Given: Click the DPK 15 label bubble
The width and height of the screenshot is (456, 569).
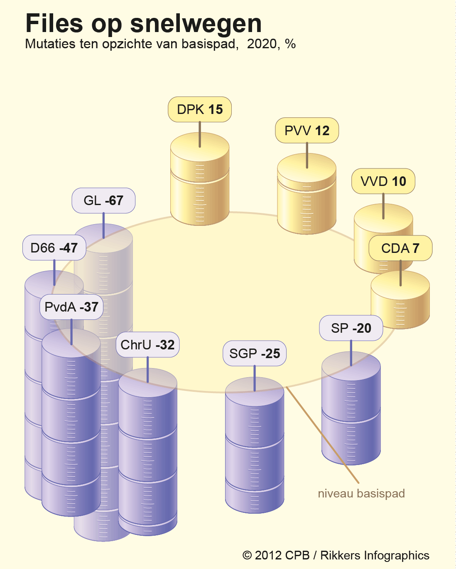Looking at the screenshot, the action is pos(200,109).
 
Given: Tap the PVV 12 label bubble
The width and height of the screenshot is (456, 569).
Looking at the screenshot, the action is pos(307,130).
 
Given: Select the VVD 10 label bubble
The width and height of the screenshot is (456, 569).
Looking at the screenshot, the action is pos(383,181).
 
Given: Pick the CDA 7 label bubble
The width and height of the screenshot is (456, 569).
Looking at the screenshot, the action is pos(400,248).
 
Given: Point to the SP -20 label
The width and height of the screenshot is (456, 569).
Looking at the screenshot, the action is pos(351,328).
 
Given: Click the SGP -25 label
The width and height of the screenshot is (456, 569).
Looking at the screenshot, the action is pos(255,353).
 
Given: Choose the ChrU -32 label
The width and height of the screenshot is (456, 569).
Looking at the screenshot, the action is pos(147,344).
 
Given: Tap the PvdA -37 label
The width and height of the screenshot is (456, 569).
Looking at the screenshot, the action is pos(71,307).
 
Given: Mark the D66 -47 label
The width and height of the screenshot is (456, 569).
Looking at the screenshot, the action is pos(54,247).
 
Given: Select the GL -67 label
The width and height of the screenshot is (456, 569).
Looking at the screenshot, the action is pos(103,200).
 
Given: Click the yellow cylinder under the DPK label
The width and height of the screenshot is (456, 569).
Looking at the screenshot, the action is pos(200,179).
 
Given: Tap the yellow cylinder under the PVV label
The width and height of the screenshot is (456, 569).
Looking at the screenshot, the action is pos(307,194).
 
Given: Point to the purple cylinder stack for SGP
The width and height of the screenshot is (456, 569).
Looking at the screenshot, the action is pos(255,445).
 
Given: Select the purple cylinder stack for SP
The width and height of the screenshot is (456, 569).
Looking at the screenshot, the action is pos(351,408).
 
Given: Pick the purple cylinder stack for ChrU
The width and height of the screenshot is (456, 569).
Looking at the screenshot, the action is pos(147,452).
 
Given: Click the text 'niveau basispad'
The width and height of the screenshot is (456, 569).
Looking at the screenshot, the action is pos(361,494).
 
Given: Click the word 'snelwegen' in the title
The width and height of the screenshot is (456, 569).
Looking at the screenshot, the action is pos(196,24).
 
